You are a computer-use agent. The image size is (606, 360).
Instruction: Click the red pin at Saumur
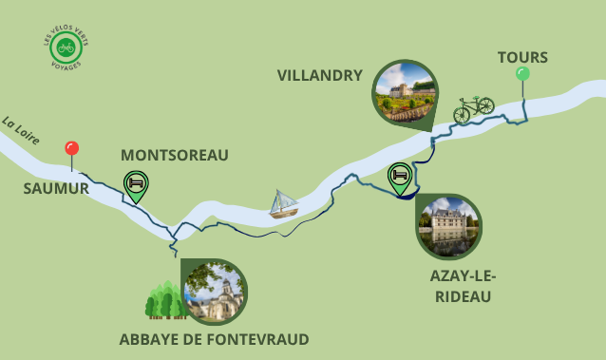[71, 149]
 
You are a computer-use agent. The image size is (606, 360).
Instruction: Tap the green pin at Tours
[522, 74]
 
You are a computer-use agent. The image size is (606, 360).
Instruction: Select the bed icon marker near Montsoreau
[136, 183]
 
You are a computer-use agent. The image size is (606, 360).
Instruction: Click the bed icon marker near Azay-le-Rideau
[400, 176]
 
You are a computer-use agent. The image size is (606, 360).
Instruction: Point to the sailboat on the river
[283, 203]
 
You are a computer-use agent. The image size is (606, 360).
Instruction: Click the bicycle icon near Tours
[473, 110]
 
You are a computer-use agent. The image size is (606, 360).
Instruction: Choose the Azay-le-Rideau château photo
[448, 226]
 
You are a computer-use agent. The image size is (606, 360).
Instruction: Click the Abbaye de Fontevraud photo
[214, 292]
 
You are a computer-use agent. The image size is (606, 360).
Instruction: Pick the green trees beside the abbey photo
[162, 300]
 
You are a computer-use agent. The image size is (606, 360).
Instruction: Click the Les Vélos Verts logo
[65, 47]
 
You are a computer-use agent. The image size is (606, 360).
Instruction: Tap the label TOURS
[522, 58]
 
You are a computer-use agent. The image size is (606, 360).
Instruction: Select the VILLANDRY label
[319, 75]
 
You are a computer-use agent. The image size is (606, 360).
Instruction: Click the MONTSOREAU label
[175, 155]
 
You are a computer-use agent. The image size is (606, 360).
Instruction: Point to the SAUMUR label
[56, 189]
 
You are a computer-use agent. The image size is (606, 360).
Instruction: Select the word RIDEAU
[464, 296]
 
